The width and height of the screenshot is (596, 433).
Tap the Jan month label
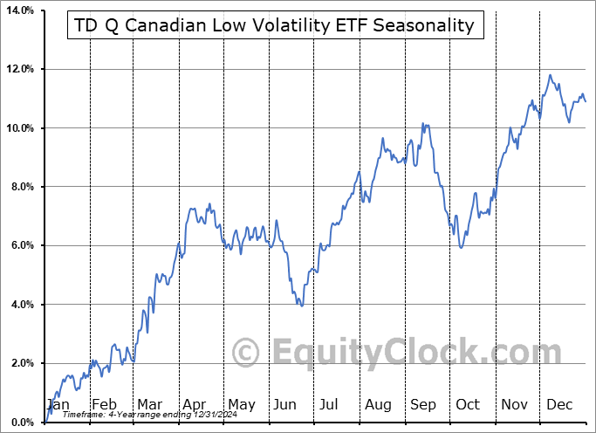pos(58,404)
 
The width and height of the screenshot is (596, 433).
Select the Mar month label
pos(149,404)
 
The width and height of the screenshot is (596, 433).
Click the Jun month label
pos(284,404)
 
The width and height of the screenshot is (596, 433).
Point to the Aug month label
pos(377,404)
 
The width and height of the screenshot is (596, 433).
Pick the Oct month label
pos(468,404)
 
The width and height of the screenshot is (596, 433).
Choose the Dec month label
pos(559,404)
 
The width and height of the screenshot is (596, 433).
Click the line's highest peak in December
pos(550,75)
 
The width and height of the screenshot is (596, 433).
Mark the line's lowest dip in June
pos(301,306)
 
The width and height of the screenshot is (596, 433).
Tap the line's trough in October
pos(460,247)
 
